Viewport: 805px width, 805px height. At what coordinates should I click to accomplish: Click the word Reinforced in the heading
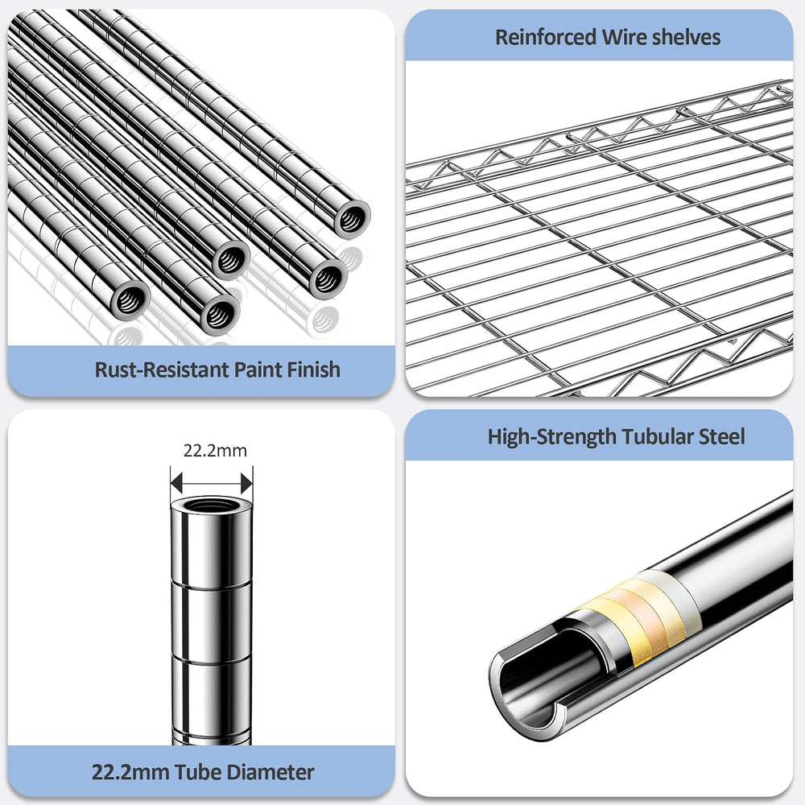click(546, 37)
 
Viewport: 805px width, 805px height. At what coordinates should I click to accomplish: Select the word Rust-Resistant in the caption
click(162, 369)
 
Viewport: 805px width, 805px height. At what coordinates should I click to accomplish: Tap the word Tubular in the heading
click(658, 436)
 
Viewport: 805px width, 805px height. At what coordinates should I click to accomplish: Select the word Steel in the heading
click(722, 436)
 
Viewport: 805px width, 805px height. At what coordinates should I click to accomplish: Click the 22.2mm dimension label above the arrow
click(215, 451)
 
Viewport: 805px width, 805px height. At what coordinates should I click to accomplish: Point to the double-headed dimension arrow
click(212, 483)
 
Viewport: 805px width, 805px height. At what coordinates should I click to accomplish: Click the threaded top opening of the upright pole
click(211, 506)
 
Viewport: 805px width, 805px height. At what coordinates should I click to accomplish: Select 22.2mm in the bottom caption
click(130, 772)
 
